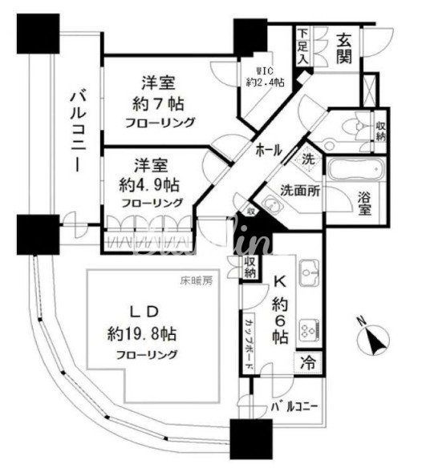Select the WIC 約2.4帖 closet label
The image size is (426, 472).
pos(262,75)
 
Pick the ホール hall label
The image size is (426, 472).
pos(269,150)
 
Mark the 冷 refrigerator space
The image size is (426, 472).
pos(309,363)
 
